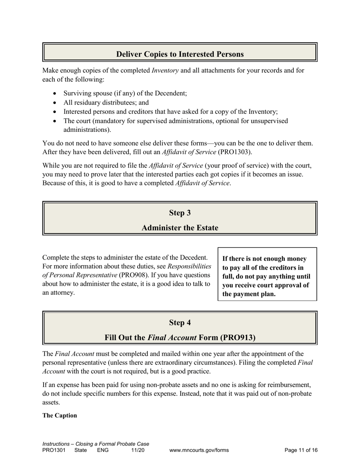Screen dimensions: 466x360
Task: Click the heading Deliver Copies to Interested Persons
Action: [x=180, y=54]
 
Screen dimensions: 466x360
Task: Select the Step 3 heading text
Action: [x=180, y=213]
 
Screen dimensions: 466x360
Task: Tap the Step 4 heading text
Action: [x=180, y=323]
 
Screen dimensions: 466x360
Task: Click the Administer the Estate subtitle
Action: [x=180, y=228]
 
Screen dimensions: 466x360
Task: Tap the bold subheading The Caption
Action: [x=59, y=416]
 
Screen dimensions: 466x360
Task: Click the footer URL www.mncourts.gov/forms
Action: [x=199, y=450]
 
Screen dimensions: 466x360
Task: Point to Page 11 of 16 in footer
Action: [x=301, y=450]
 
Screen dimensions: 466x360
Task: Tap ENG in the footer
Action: [x=103, y=450]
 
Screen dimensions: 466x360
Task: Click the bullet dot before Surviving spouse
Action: [x=56, y=94]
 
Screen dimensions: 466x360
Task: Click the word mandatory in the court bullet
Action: [x=113, y=121]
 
